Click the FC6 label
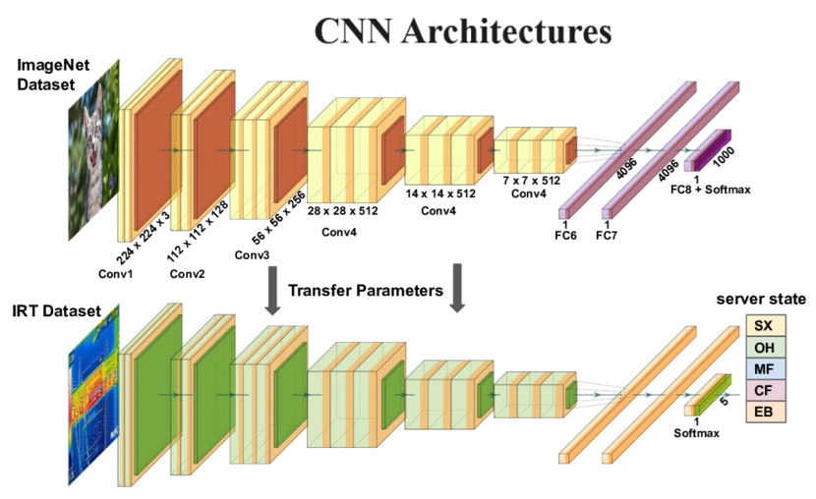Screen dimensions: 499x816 565,237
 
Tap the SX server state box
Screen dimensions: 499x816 763,325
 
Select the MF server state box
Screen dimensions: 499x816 763,368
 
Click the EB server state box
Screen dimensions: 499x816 763,412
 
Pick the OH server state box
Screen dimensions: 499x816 763,347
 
